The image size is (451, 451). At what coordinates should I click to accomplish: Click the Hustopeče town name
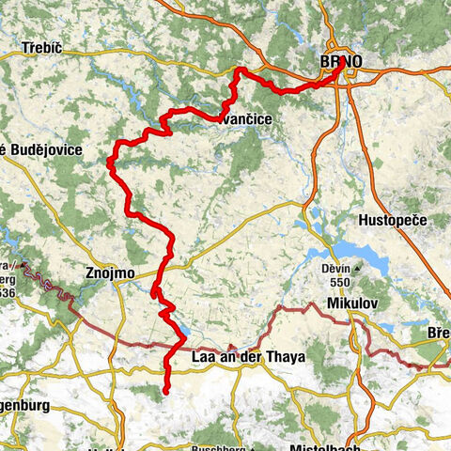point(394,219)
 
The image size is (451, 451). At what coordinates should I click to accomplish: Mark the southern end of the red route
point(165,390)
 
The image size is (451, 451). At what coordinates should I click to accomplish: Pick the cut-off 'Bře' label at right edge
point(438,334)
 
